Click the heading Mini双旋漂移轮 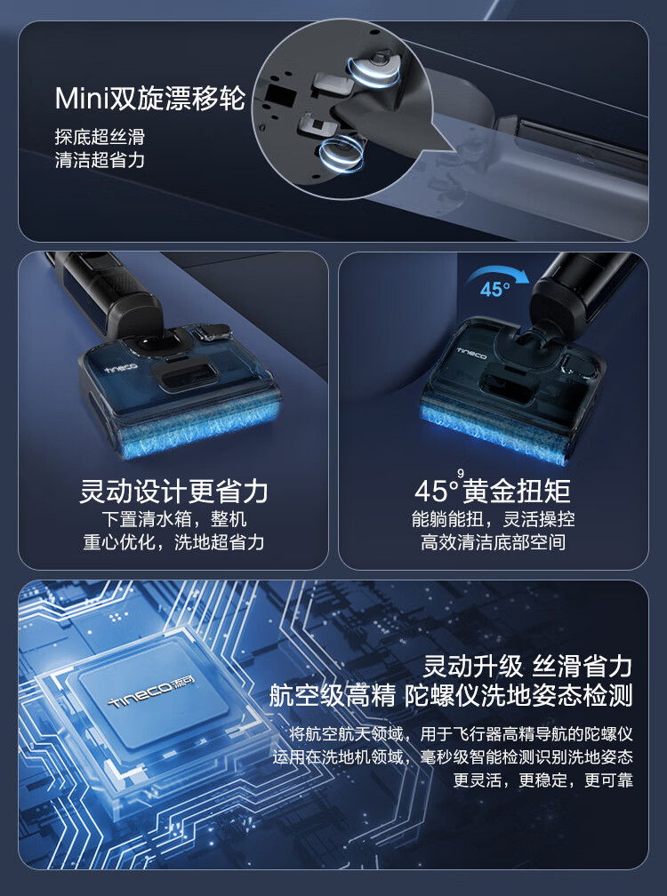tap(149, 98)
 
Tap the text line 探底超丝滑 tap(100, 137)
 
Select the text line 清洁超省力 tap(100, 159)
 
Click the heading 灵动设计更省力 tap(173, 491)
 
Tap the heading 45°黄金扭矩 tap(493, 491)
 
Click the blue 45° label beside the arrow tap(494, 289)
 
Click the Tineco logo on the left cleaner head tap(122, 367)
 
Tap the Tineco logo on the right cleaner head tap(472, 353)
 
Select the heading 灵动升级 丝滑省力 tap(527, 667)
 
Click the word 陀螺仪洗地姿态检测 tap(518, 696)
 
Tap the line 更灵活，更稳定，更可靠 tap(543, 780)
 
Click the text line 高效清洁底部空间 tap(493, 541)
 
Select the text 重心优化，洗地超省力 tap(173, 541)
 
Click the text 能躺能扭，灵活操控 tap(493, 519)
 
